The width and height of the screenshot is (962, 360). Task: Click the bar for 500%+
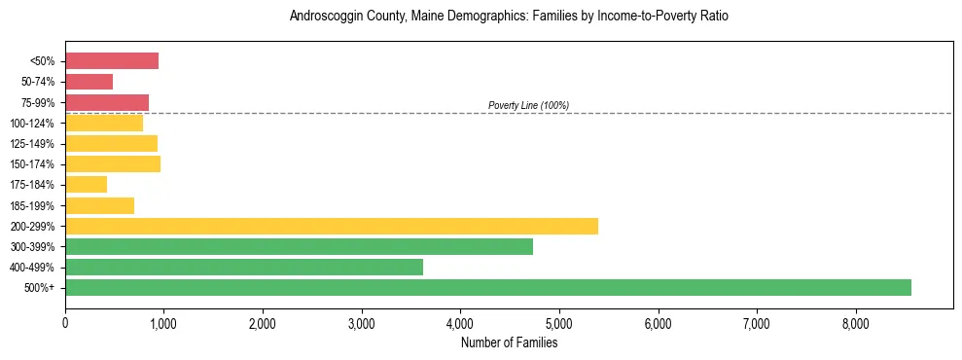click(x=488, y=287)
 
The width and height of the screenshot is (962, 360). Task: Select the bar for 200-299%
click(x=332, y=226)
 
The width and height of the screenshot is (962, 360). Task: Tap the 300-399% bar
click(x=299, y=246)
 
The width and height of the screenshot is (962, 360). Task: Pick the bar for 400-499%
click(x=244, y=267)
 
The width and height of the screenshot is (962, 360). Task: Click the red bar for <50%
click(x=112, y=61)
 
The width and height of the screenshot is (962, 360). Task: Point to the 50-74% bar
click(x=89, y=82)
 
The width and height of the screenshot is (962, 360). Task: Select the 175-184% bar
click(x=87, y=184)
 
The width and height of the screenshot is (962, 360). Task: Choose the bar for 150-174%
click(x=113, y=163)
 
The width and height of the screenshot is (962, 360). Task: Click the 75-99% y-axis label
click(x=38, y=103)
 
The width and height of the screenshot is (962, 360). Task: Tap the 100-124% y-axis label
click(x=34, y=124)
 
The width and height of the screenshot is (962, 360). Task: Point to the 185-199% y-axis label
click(x=34, y=205)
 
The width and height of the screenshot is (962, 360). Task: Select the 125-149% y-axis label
click(x=34, y=144)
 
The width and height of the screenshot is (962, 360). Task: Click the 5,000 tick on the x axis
click(x=559, y=323)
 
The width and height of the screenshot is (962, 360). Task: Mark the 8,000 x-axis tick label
click(x=856, y=323)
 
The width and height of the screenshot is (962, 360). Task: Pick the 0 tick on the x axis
click(x=65, y=323)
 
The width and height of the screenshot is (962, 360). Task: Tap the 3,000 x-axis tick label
click(x=362, y=323)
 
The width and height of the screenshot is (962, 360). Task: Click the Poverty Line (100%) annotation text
click(x=528, y=105)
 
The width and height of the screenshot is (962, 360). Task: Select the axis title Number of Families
click(x=509, y=342)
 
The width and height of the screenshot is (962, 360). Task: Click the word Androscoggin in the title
click(x=326, y=17)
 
